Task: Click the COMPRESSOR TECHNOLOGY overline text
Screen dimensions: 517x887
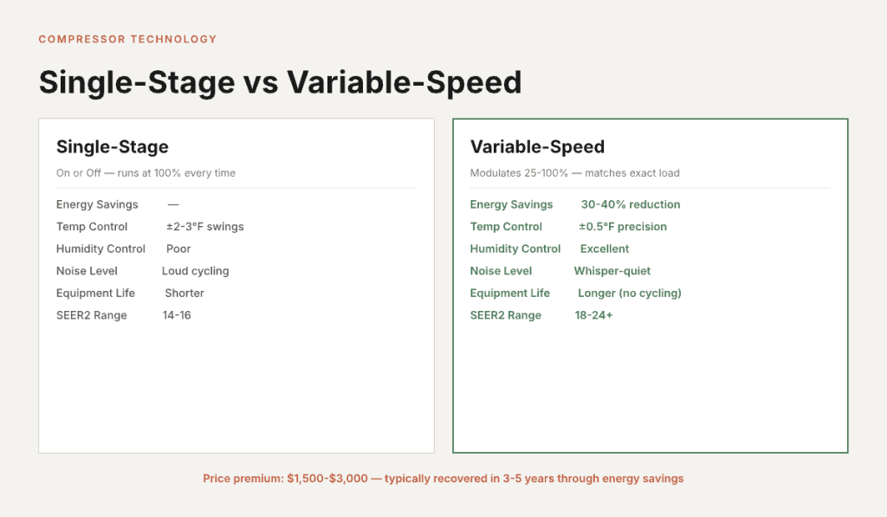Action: [x=127, y=39]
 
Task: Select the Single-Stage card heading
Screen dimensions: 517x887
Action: [x=113, y=146]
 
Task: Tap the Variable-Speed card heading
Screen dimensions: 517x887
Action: [x=537, y=146]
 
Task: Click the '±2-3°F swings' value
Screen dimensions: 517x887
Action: [x=205, y=227]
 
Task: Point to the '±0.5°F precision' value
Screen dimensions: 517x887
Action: [x=623, y=227]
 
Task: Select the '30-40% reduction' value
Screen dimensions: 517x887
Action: [x=631, y=204]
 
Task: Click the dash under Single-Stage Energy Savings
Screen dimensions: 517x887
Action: [x=173, y=204]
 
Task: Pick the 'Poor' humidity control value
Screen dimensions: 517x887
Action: [x=178, y=249]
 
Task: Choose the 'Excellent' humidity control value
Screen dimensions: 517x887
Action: [x=605, y=249]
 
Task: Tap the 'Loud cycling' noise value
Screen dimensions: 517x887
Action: [x=195, y=271]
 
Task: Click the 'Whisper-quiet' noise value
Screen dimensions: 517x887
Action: [x=612, y=271]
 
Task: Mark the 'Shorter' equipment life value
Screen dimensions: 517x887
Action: [x=185, y=293]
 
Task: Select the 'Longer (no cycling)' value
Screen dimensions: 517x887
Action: [x=630, y=293]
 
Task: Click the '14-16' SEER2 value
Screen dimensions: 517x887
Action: [x=177, y=315]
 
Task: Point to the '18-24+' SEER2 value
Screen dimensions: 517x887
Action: [x=593, y=315]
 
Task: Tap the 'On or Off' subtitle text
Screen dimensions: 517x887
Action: [x=79, y=173]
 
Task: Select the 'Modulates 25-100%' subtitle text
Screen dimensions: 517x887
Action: [x=519, y=173]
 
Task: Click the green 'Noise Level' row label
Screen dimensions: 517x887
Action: [x=501, y=271]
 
